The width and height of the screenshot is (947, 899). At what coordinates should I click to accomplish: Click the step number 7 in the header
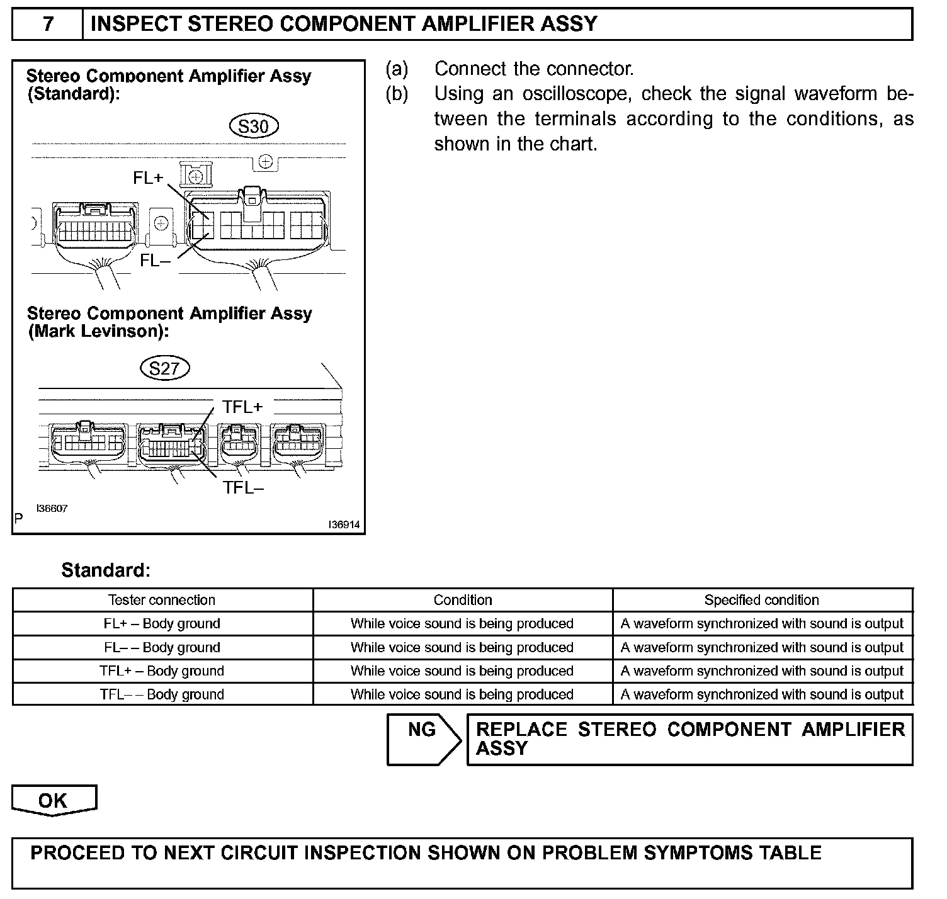48,25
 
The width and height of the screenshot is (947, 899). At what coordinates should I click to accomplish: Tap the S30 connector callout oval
254,127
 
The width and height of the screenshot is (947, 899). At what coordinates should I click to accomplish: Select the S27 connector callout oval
165,368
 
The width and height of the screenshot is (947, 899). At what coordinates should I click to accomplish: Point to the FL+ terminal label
148,178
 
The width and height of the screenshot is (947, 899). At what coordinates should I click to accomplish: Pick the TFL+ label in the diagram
242,407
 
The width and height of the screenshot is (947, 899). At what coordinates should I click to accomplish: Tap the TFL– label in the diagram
243,487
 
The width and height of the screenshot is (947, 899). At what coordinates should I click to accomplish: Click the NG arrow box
423,739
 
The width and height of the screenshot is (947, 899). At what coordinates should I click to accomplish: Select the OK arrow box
54,801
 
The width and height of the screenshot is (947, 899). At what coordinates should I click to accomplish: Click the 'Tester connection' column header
162,600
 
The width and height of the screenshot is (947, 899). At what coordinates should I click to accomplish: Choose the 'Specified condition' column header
762,600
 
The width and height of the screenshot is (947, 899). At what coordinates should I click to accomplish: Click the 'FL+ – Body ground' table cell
162,624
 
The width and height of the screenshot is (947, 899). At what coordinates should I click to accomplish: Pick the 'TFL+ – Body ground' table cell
162,671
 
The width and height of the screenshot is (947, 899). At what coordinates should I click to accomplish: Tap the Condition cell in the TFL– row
462,694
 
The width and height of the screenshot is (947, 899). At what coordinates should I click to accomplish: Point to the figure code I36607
52,509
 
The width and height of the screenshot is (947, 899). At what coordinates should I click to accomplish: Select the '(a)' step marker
397,69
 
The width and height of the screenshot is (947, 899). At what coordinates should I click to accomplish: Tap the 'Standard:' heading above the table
106,570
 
